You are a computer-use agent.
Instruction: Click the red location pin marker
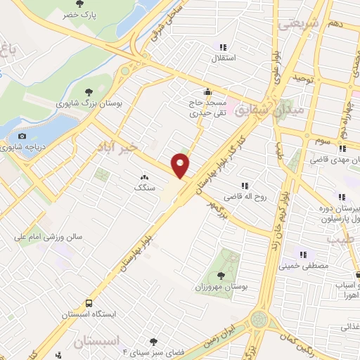point(181,166)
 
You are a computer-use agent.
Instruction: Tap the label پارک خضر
point(78,14)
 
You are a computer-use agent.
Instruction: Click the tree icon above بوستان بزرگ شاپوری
point(89,91)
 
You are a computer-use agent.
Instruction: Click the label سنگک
point(144,188)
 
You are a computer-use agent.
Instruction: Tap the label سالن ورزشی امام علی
point(49,238)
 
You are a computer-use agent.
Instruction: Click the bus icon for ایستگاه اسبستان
point(89,304)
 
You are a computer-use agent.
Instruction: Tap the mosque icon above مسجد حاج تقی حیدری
point(207,91)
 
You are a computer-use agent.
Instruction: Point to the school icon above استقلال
point(224,47)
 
